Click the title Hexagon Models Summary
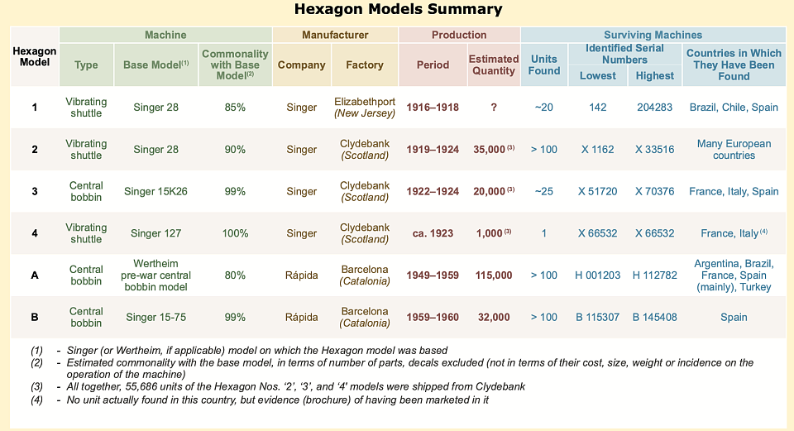click(398, 10)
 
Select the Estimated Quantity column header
click(493, 65)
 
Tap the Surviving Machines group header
click(653, 35)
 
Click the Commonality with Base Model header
click(235, 65)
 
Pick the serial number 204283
click(654, 108)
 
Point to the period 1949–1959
click(433, 275)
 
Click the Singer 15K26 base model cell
click(155, 191)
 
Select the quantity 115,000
click(494, 275)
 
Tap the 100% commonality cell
click(235, 233)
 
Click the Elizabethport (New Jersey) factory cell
click(365, 108)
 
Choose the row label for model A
click(35, 275)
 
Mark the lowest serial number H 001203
click(597, 275)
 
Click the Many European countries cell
click(734, 149)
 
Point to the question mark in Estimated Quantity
click(493, 108)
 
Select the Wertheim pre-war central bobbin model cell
click(155, 275)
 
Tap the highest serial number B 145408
click(654, 317)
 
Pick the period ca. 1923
click(433, 233)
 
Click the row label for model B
click(35, 317)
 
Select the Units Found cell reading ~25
click(543, 191)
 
